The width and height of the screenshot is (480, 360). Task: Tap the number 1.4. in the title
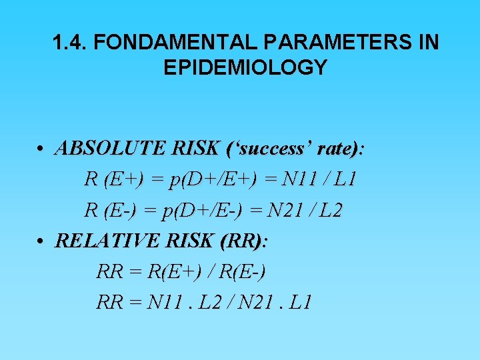70,43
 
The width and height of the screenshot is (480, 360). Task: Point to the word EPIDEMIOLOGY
245,67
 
